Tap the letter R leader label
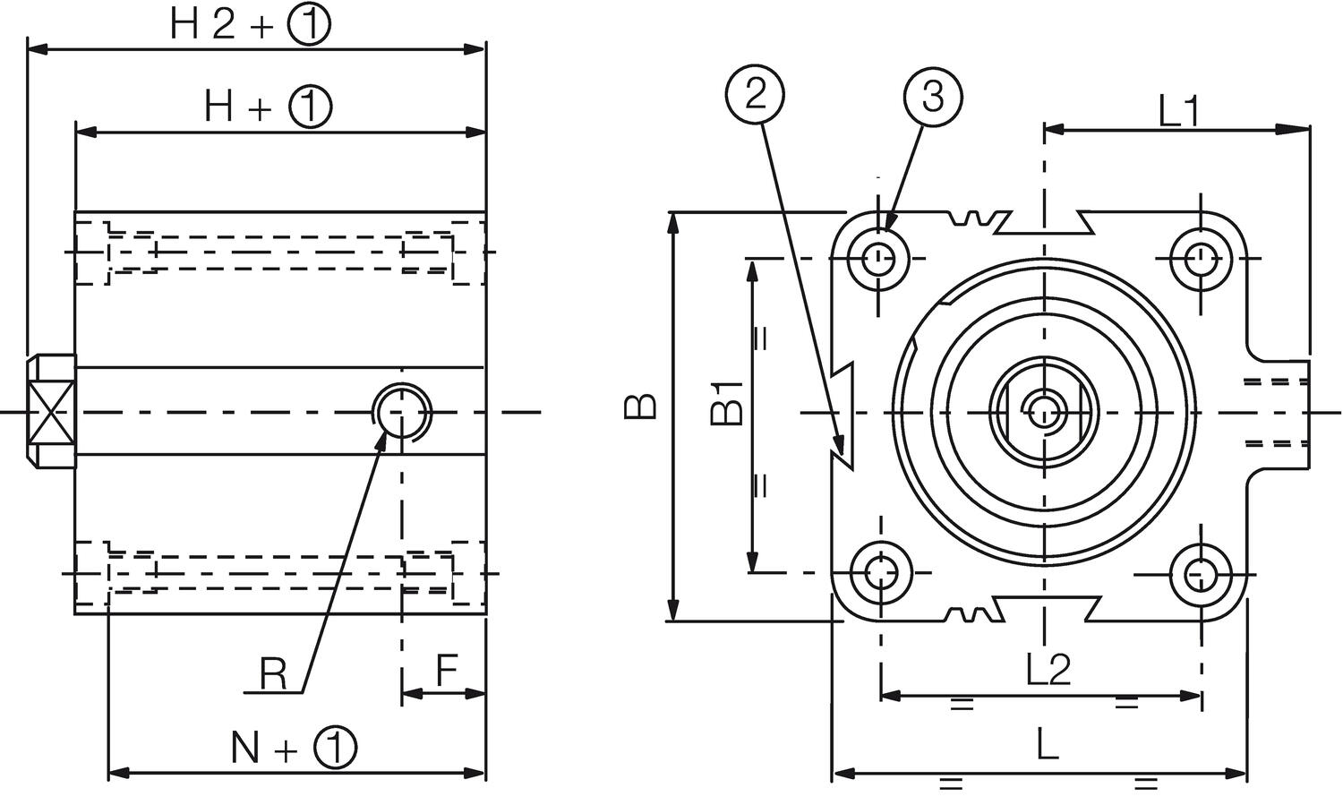coord(273,673)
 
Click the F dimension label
coord(447,671)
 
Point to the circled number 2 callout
coord(757,94)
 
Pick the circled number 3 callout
coord(933,96)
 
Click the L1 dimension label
coord(1178,112)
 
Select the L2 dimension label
coord(1048,669)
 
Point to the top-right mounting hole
coord(1198,259)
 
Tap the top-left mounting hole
coord(881,259)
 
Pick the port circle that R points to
coord(402,412)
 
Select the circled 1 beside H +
coord(311,107)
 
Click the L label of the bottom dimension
coord(1047,745)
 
